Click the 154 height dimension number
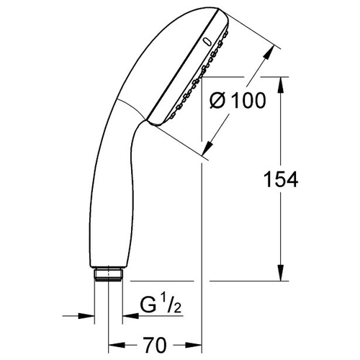pos(281,179)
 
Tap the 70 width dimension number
pos(155,345)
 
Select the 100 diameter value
pos(250,100)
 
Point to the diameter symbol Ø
pos(217,101)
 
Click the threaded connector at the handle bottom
pos(109,274)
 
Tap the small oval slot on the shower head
pos(207,42)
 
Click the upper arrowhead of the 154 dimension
pos(281,85)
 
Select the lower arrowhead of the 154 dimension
pos(281,272)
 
